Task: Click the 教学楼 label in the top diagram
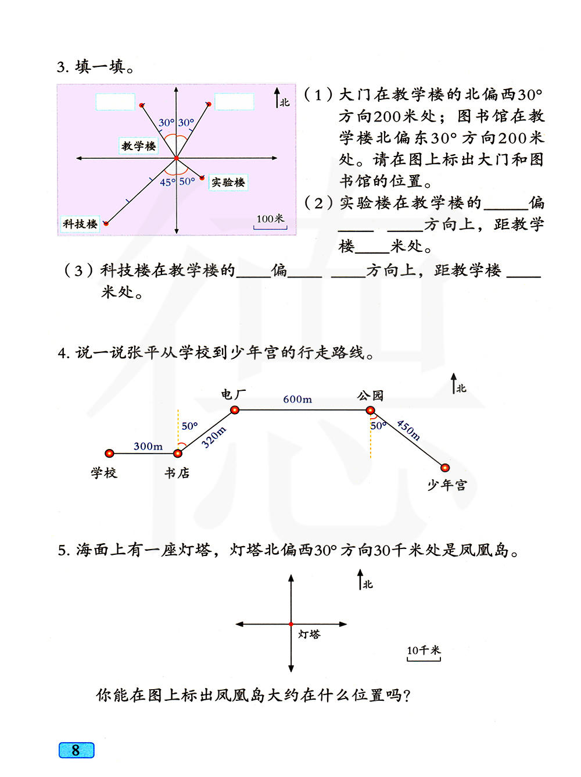(138, 146)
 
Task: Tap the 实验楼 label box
(228, 183)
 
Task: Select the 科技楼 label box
(80, 224)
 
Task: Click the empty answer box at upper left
(115, 102)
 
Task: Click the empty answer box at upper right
(234, 102)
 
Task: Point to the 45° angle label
(167, 182)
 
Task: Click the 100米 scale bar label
(270, 219)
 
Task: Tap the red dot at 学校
(109, 453)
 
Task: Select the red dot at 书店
(178, 453)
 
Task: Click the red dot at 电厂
(235, 410)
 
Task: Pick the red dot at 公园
(370, 410)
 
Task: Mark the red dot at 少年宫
(445, 468)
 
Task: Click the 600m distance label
(297, 400)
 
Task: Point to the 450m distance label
(408, 430)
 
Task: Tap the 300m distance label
(148, 446)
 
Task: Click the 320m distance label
(214, 437)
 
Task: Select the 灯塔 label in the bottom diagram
(309, 634)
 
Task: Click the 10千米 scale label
(424, 650)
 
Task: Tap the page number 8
(76, 750)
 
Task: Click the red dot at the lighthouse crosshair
(291, 624)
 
